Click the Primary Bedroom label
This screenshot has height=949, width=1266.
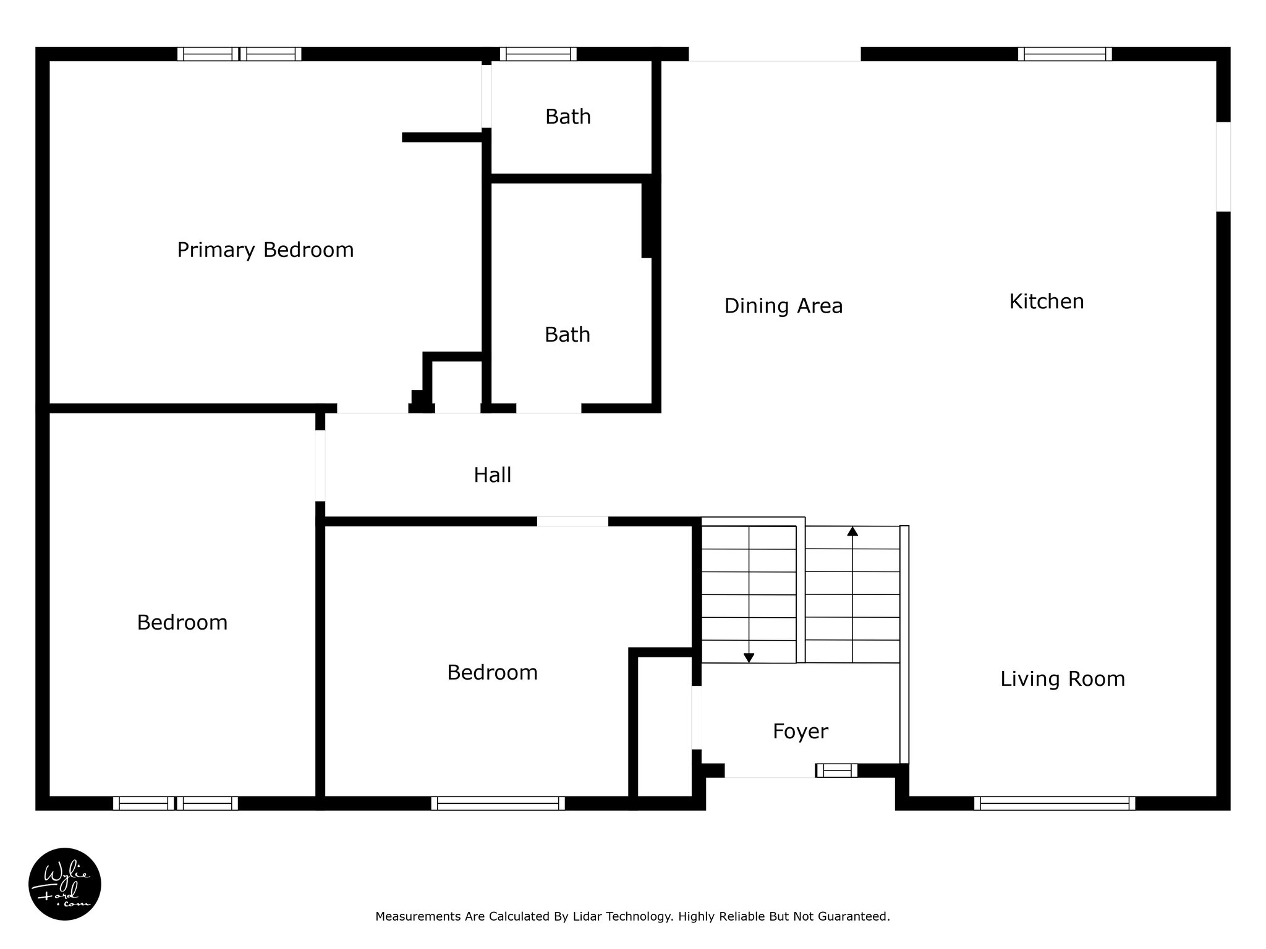pos(265,250)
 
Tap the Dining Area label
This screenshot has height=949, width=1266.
pos(783,306)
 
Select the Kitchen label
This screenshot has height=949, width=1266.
pos(1047,302)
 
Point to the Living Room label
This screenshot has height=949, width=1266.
pos(1063,679)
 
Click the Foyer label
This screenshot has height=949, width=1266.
pos(801,732)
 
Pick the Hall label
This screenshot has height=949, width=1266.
pos(493,475)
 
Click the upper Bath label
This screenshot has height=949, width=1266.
pos(568,117)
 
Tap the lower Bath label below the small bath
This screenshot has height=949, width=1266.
pos(567,335)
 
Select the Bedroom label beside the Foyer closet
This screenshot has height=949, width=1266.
pos(493,672)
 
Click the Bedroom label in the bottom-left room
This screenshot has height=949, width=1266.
pos(182,622)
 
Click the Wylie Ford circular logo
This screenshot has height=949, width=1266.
pos(65,884)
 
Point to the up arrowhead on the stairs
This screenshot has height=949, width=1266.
pos(852,531)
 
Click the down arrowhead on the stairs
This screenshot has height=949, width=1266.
pos(749,658)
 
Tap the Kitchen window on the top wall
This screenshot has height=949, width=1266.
pos(1065,54)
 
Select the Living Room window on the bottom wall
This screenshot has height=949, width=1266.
pos(1055,803)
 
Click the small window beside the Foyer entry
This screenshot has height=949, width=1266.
pos(837,770)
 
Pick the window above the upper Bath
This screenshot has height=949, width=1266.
pos(538,54)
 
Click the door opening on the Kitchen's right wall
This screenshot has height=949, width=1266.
pos(1223,167)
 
